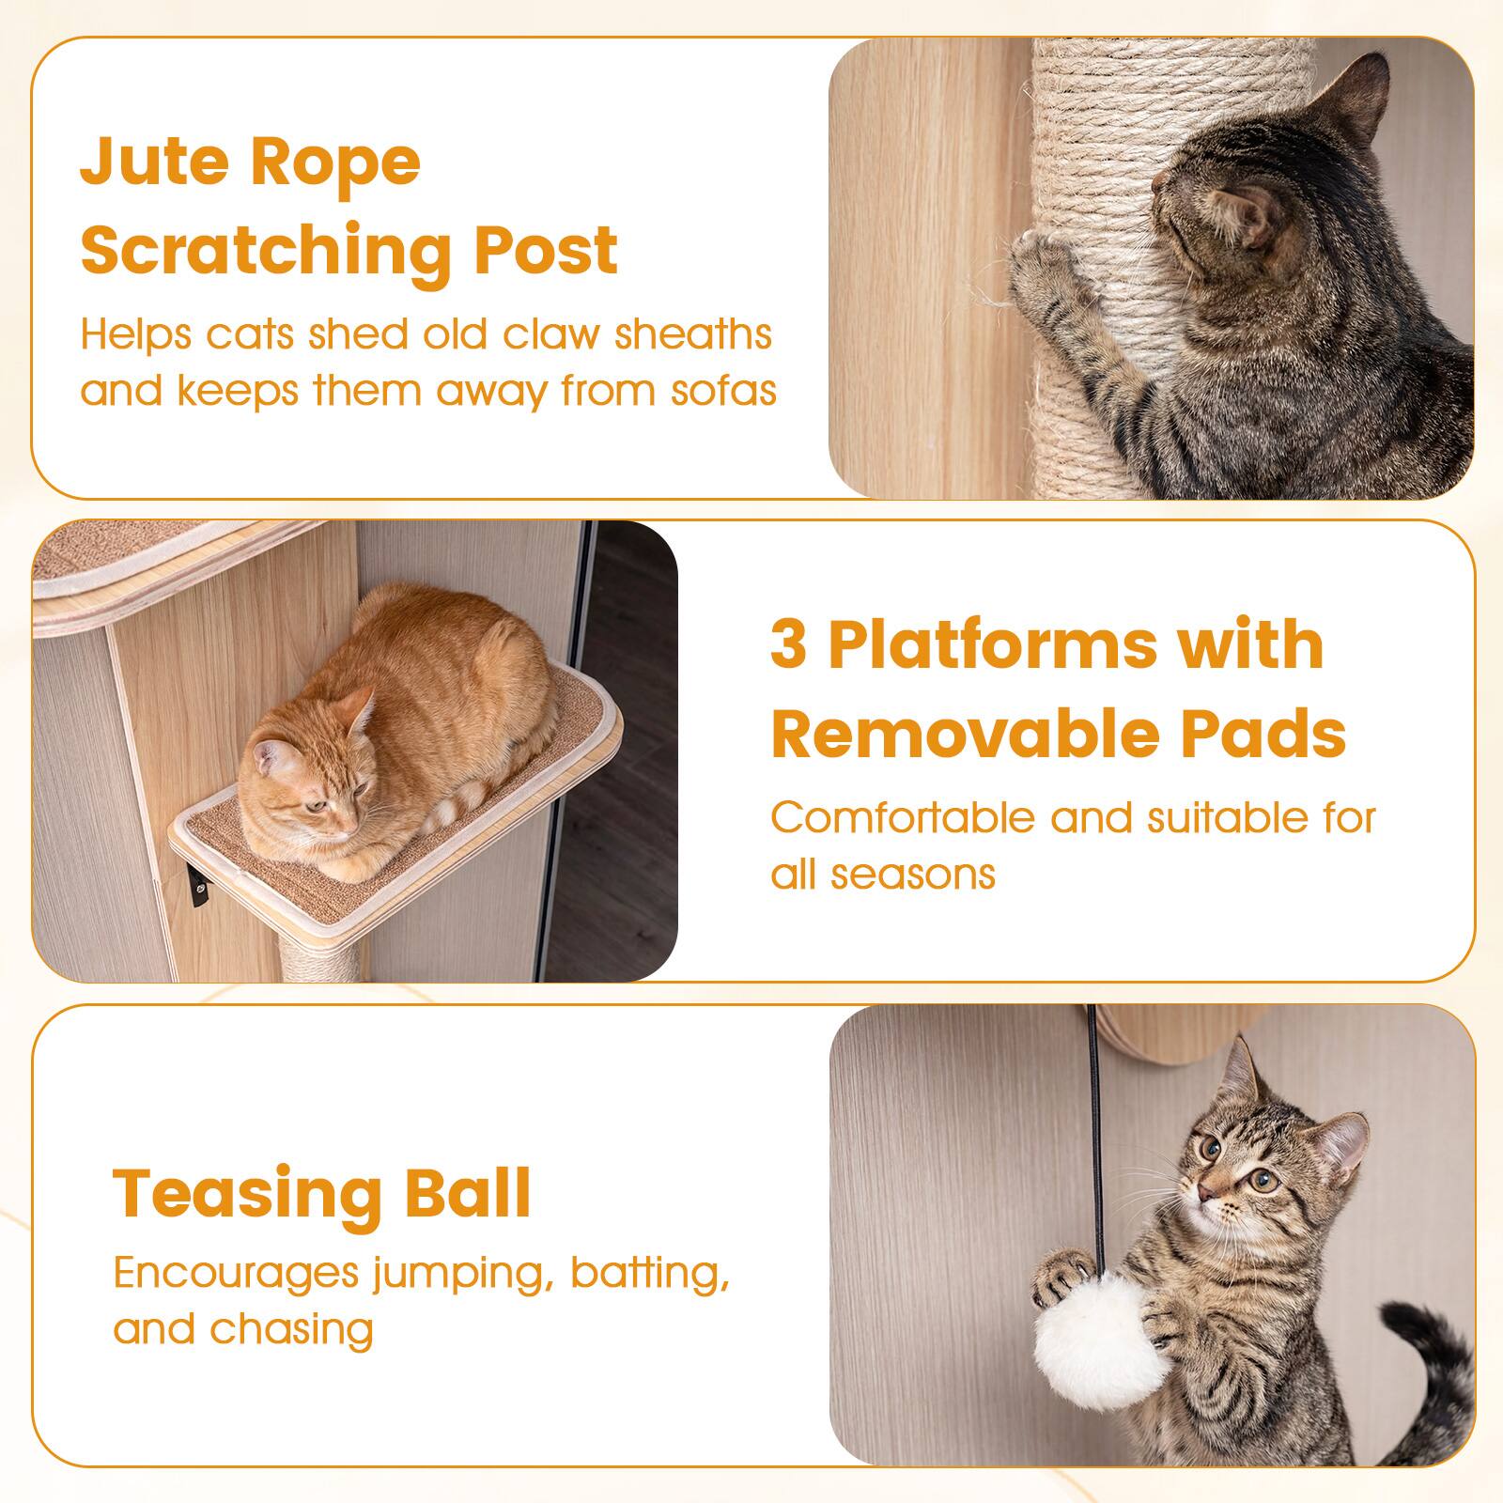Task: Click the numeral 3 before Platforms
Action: [788, 645]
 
